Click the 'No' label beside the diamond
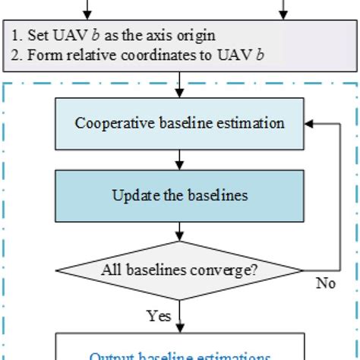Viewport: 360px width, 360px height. pyautogui.click(x=326, y=283)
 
